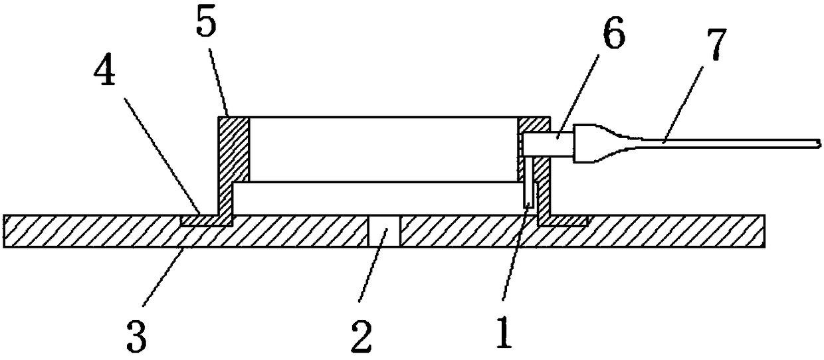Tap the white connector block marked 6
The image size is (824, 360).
[547, 143]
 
